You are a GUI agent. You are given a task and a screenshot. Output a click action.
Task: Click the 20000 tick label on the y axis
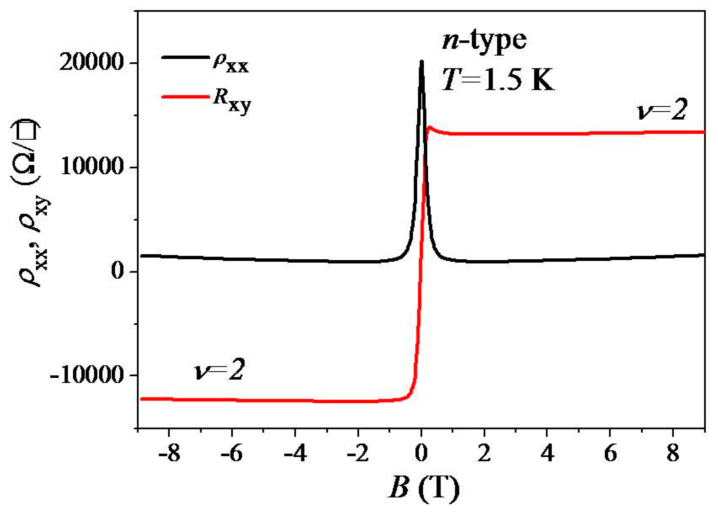(91, 63)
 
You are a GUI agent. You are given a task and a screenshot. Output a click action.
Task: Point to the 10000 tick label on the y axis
(92, 167)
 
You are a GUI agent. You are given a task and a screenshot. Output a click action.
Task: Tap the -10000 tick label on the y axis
(86, 375)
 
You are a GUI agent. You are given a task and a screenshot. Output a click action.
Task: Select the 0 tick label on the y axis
(117, 271)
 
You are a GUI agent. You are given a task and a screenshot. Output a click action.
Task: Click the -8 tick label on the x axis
(169, 453)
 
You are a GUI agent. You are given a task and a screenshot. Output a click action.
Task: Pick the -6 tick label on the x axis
(232, 453)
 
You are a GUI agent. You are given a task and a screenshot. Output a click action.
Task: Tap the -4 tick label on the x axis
(295, 453)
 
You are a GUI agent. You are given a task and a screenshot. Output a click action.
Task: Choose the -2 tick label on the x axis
(358, 453)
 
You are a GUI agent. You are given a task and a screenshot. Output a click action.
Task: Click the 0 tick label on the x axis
(421, 453)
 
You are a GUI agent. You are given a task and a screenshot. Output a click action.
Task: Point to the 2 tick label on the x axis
(484, 453)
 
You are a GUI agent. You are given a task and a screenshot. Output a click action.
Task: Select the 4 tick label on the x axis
(547, 453)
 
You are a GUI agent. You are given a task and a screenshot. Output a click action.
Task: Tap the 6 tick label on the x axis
(610, 453)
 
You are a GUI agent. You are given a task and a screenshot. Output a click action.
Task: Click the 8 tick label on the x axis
(673, 453)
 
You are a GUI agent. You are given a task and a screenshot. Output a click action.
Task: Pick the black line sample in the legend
(185, 57)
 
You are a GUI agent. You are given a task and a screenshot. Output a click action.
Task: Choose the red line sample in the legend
(185, 97)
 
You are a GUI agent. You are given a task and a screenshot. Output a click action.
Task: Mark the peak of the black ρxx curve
(422, 62)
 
